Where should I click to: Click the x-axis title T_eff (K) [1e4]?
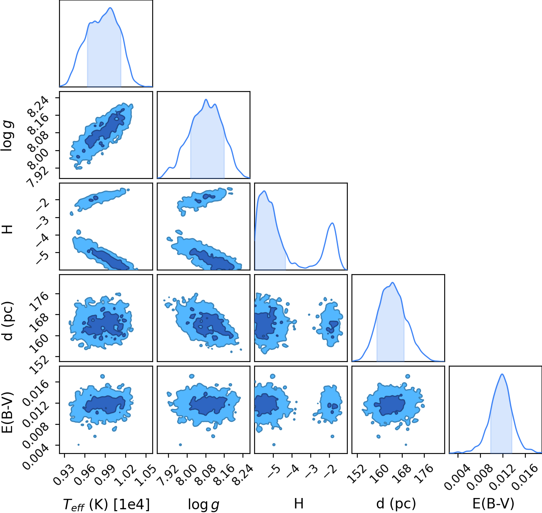point(106,504)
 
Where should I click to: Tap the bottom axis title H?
point(299,503)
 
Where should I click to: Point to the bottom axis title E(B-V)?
point(493,504)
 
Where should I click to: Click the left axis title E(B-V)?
point(8,412)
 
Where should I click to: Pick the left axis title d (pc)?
point(8,321)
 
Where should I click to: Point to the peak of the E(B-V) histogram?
point(502,374)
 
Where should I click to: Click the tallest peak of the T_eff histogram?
point(110,8)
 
